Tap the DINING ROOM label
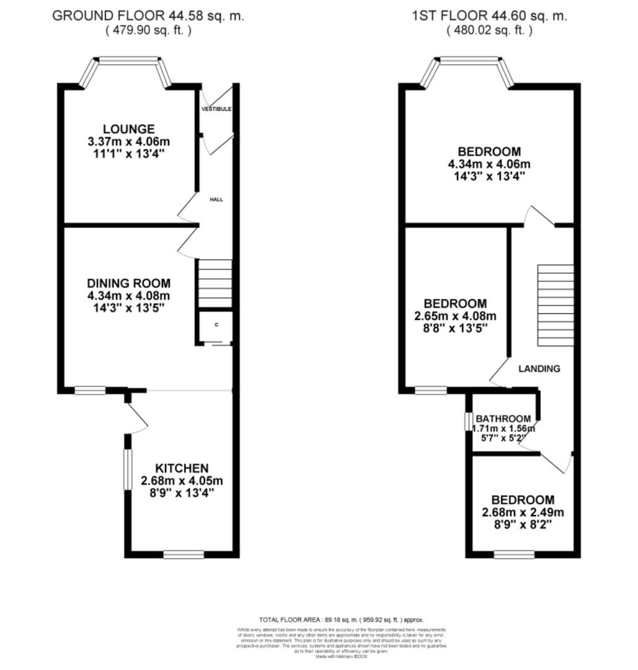point(129,283)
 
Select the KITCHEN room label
point(182,468)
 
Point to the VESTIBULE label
point(216,109)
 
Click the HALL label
point(216,200)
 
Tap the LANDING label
point(539,368)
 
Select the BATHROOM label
point(503,419)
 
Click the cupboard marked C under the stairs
point(216,326)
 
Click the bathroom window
point(469,421)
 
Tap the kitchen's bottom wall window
point(184,554)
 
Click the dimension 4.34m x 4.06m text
point(489,164)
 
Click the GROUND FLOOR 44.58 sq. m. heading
point(148,16)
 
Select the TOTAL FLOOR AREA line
point(340,620)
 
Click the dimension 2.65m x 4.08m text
point(455,316)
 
